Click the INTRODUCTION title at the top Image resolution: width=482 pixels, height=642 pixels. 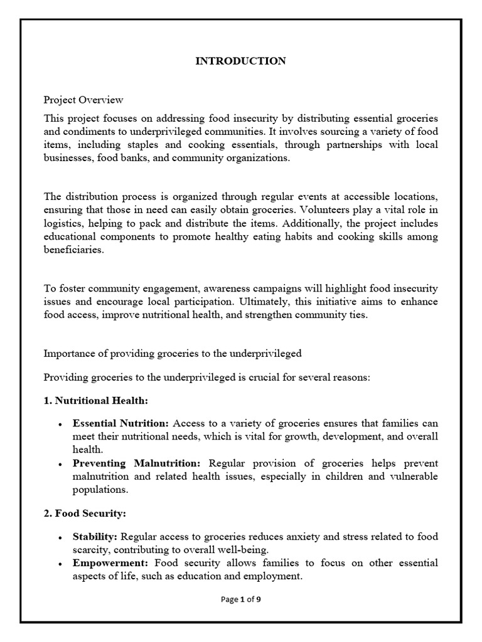tap(241, 61)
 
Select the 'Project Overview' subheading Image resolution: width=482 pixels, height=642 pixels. tap(83, 100)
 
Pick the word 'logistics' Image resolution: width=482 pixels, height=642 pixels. tap(63, 224)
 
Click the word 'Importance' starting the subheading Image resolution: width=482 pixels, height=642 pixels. tap(68, 354)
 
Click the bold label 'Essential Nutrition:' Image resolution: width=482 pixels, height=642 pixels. tap(121, 423)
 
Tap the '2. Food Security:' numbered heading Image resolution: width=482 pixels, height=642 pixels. tap(85, 513)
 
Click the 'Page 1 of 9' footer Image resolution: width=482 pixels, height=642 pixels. tap(241, 599)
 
